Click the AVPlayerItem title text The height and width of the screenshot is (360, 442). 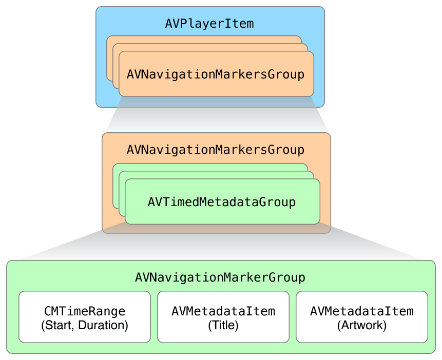pos(209,24)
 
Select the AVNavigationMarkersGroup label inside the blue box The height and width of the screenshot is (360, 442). pos(216,74)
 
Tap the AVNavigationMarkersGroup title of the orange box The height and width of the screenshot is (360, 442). pos(216,150)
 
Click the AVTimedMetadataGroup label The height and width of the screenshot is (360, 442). pos(222,202)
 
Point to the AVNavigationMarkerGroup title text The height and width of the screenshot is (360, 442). pos(220,277)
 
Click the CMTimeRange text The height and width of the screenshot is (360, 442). pos(85,311)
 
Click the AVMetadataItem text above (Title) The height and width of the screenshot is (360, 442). pos(223,311)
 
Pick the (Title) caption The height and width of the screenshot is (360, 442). pos(223,325)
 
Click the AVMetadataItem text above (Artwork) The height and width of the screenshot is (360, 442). pos(362,311)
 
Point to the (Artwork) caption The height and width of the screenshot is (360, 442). pos(362,325)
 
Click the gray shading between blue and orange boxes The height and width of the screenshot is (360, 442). pos(216,120)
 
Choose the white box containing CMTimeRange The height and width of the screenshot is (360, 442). pos(85,333)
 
